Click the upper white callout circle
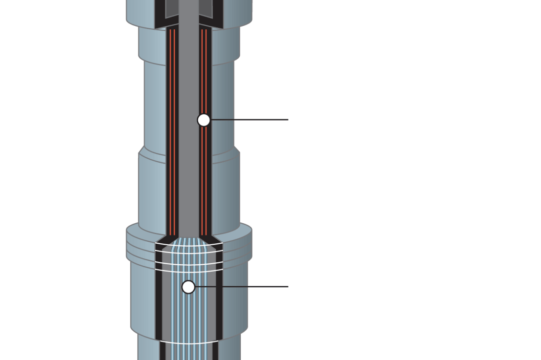204,120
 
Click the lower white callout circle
188,287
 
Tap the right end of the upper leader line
287,120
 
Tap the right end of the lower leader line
287,287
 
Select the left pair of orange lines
172,132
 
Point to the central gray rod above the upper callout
189,73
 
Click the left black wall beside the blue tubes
159,298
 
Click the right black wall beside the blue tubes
219,298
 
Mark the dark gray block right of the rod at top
206,8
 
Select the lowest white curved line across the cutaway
189,343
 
